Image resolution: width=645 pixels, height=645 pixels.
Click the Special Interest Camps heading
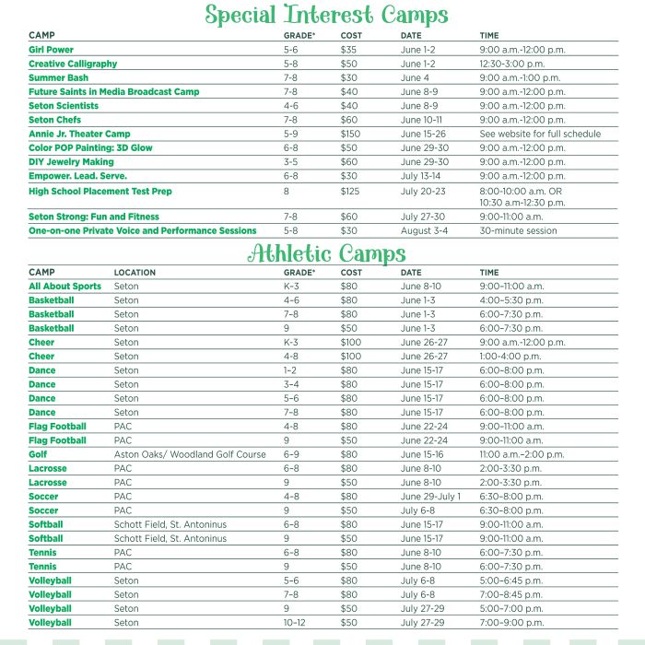[325, 16]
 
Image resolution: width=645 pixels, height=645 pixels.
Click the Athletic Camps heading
[325, 253]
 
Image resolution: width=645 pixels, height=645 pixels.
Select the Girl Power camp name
[51, 50]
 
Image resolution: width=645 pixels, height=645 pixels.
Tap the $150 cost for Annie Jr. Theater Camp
[350, 134]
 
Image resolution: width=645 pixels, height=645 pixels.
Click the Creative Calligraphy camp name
[73, 64]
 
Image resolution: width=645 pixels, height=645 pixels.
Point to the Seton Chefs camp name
[54, 120]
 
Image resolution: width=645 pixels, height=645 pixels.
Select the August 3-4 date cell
[425, 231]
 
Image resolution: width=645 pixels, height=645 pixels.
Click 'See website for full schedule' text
[540, 134]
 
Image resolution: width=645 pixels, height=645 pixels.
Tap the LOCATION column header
[135, 273]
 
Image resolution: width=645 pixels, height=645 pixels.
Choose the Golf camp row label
[38, 454]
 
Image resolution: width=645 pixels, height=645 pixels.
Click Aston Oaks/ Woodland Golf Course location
[190, 454]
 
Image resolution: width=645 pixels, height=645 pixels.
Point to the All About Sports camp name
[64, 287]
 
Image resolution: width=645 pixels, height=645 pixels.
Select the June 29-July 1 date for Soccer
[430, 497]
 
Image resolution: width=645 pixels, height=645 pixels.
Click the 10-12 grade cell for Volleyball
[295, 623]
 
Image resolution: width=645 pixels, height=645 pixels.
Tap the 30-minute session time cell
[518, 231]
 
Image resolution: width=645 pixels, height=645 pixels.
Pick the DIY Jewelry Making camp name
[71, 162]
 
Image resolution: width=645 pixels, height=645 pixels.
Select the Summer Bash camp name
[58, 78]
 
